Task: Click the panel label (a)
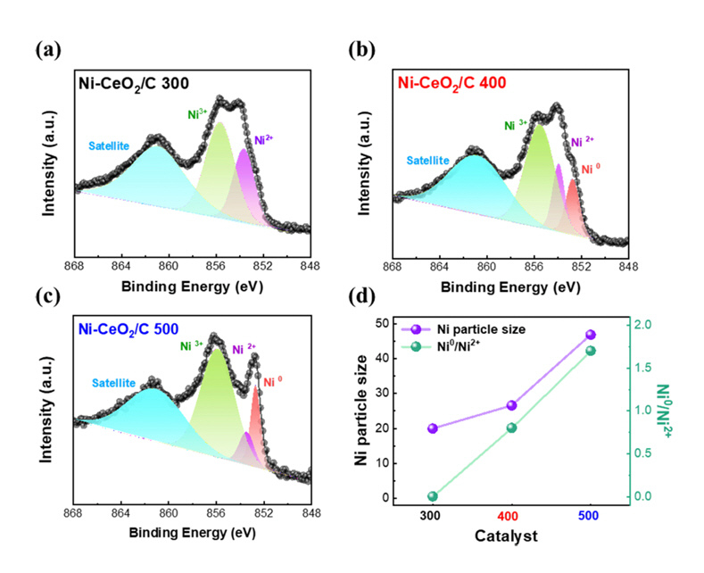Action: point(48,49)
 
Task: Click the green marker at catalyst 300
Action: point(433,496)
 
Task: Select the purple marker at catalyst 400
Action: point(511,405)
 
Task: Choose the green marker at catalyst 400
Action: point(511,428)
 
